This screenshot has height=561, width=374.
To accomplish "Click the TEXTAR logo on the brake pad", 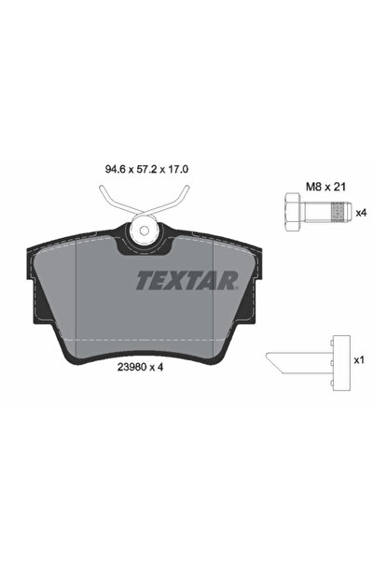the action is point(187,280).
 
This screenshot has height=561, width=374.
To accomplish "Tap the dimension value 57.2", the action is point(148,169).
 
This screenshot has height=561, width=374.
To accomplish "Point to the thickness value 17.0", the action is point(179,169).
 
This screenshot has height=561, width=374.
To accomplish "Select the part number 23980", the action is point(131,367).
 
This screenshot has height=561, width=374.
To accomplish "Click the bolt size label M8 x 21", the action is point(326,187).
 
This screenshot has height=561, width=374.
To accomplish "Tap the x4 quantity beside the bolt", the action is point(362,213).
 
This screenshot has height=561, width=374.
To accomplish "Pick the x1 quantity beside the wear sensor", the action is point(359,360).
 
